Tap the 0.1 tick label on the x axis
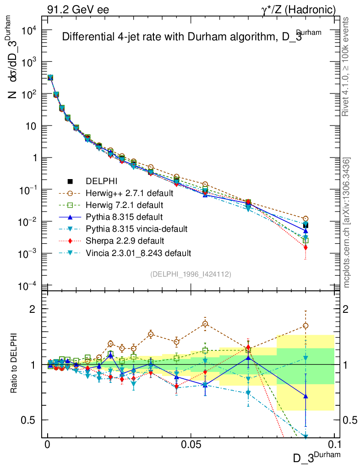[x=334, y=445]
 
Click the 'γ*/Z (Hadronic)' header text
[x=298, y=9]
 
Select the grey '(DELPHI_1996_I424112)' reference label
[x=190, y=274]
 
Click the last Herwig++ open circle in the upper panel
[x=305, y=218]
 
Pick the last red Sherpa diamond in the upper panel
[x=305, y=247]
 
